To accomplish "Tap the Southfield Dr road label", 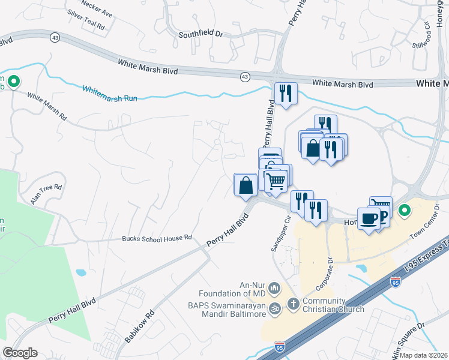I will (200, 35).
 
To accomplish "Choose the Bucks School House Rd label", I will (157, 238).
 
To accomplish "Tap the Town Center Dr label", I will (424, 221).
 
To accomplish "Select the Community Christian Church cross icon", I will (293, 304).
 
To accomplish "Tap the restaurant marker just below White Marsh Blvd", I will (285, 93).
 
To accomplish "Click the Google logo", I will (20, 353).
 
